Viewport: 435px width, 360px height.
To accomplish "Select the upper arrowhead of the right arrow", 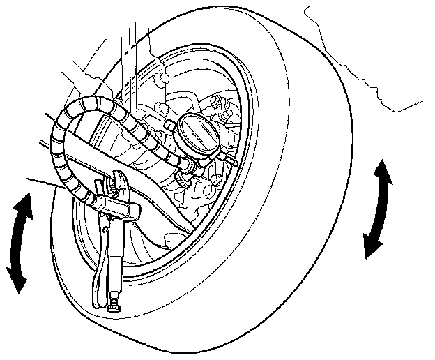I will [x=383, y=167].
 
